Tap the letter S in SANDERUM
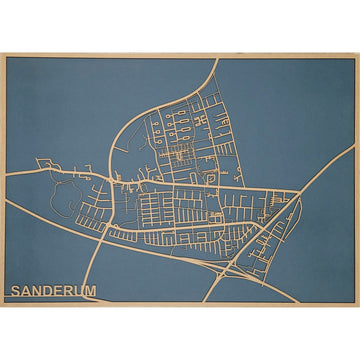(15, 291)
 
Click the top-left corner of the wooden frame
(2, 52)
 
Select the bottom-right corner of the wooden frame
(357, 305)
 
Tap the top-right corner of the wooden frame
(357, 52)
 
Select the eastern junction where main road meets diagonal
(297, 190)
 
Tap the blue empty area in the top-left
(60, 100)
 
